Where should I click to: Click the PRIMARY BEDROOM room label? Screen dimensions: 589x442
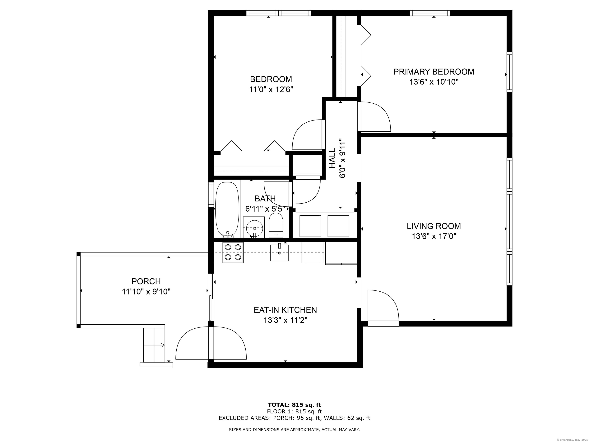pyautogui.click(x=434, y=72)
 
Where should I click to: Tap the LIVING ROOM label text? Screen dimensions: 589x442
pyautogui.click(x=434, y=226)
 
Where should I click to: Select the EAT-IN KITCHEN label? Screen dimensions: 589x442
pyautogui.click(x=285, y=310)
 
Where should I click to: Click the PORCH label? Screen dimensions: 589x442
pyautogui.click(x=146, y=281)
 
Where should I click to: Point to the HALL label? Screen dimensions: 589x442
pyautogui.click(x=333, y=158)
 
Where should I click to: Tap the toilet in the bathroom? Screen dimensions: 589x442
pyautogui.click(x=276, y=225)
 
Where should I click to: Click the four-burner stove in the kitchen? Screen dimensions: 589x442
pyautogui.click(x=233, y=252)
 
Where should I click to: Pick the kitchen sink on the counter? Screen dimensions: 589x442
pyautogui.click(x=280, y=253)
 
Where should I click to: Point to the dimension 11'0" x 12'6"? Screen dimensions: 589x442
pyautogui.click(x=271, y=90)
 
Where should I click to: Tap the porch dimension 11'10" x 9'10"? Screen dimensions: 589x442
pyautogui.click(x=146, y=292)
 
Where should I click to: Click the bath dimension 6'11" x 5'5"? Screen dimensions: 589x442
pyautogui.click(x=265, y=209)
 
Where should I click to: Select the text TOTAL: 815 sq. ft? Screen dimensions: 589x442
pyautogui.click(x=294, y=405)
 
